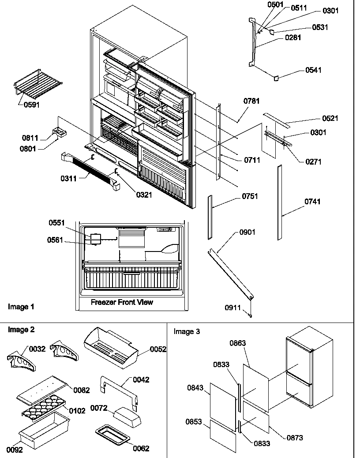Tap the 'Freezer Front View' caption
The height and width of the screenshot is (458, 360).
(122, 302)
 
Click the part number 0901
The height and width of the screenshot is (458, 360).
(247, 232)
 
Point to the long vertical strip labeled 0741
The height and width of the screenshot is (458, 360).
(280, 203)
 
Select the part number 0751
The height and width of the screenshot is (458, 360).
(250, 196)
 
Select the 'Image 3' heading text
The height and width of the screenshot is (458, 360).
(187, 331)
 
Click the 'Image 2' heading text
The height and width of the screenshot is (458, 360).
(21, 330)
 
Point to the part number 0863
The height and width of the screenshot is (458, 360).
(237, 343)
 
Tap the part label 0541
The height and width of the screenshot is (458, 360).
(313, 70)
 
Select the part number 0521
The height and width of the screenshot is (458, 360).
(317, 119)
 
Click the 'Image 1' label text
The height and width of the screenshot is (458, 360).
(21, 306)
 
